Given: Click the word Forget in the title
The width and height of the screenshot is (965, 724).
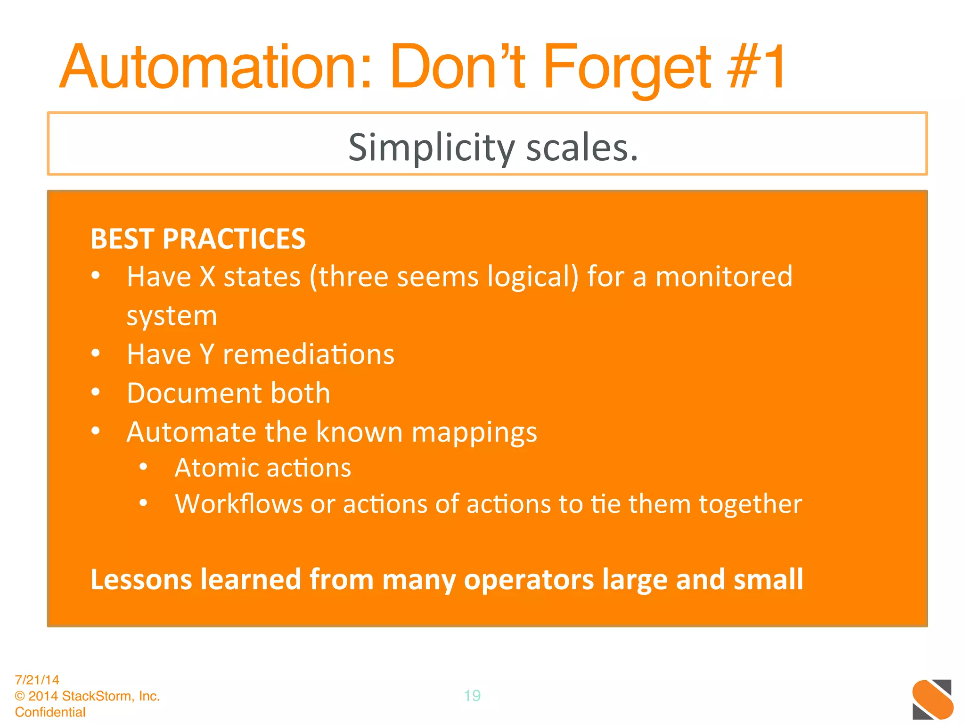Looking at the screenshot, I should pos(627,67).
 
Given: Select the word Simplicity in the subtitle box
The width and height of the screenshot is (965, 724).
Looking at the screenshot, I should pos(432,148).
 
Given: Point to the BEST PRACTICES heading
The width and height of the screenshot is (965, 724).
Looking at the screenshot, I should pos(198,239).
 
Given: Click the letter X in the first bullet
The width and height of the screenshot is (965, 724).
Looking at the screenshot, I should pos(207,276).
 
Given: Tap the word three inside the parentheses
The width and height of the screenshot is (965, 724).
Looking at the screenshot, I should pos(353,276).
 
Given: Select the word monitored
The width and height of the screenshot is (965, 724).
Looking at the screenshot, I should pos(724,276).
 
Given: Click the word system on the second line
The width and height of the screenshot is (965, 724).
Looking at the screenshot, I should pos(172,316).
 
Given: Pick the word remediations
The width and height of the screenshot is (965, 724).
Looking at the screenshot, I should pos(308,354).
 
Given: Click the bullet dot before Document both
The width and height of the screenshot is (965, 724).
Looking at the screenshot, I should pos(96,392).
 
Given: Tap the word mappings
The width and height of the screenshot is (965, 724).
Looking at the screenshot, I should pos(474,432).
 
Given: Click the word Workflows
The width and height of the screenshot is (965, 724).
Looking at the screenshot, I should pos(238,504).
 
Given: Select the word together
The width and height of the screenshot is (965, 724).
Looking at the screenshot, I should pos(750,504).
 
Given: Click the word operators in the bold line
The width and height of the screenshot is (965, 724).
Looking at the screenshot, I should pos(529,579).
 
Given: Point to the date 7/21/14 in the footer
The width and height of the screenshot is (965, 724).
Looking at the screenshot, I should pos(37,680).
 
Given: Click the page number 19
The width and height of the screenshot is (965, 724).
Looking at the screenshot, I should pos(472,696).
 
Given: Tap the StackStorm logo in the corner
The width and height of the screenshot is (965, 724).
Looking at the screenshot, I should pos(932,699).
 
